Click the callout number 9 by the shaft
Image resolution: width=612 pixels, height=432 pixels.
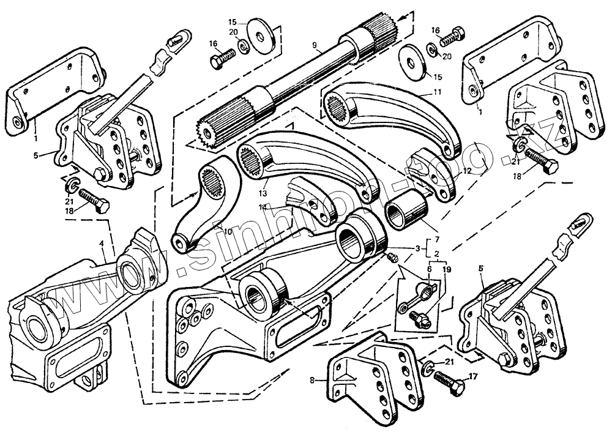pyautogui.click(x=314, y=45)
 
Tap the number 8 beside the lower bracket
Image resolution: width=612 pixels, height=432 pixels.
pyautogui.click(x=312, y=380)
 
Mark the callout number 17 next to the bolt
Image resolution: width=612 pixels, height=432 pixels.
pyautogui.click(x=472, y=378)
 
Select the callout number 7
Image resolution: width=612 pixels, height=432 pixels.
pyautogui.click(x=436, y=237)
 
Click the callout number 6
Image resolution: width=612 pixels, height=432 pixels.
pyautogui.click(x=429, y=268)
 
